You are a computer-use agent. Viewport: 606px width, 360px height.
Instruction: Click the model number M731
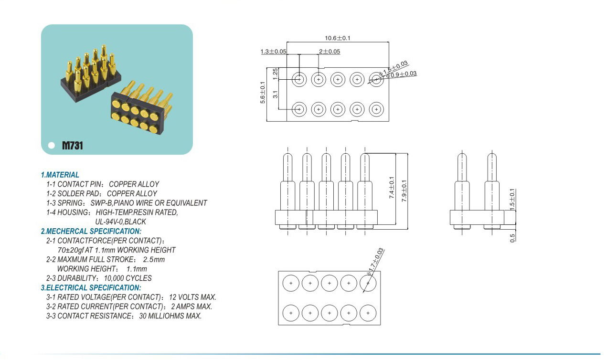pyautogui.click(x=73, y=146)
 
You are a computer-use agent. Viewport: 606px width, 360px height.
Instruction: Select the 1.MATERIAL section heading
pyautogui.click(x=60, y=175)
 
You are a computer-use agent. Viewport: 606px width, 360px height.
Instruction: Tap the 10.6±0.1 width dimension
pyautogui.click(x=338, y=38)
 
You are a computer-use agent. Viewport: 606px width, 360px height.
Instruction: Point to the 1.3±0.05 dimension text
pyautogui.click(x=273, y=51)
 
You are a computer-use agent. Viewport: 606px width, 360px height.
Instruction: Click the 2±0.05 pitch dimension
pyautogui.click(x=330, y=51)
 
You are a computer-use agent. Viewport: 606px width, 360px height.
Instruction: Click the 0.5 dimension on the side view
pyautogui.click(x=513, y=237)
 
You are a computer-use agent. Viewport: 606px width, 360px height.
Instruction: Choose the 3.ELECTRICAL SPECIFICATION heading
pyautogui.click(x=91, y=288)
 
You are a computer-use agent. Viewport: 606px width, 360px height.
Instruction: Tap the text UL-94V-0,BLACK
pyautogui.click(x=120, y=222)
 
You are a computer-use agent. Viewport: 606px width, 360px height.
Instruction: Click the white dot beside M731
pyautogui.click(x=52, y=146)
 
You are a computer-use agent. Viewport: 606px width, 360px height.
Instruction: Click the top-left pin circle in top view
pyautogui.click(x=299, y=79)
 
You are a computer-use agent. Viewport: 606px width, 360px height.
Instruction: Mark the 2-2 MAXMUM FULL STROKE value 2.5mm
pyautogui.click(x=154, y=259)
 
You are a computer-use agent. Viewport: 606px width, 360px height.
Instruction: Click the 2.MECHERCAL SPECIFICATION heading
pyautogui.click(x=91, y=231)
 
